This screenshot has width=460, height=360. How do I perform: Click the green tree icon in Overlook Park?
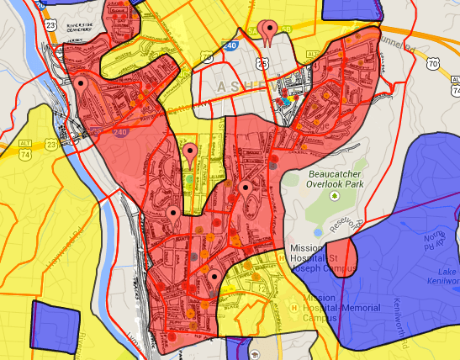point(334,196)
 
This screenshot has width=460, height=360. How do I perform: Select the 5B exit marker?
point(286,30)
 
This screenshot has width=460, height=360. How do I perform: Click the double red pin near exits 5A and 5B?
point(269,33)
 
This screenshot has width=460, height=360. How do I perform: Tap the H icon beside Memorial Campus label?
point(293,309)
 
